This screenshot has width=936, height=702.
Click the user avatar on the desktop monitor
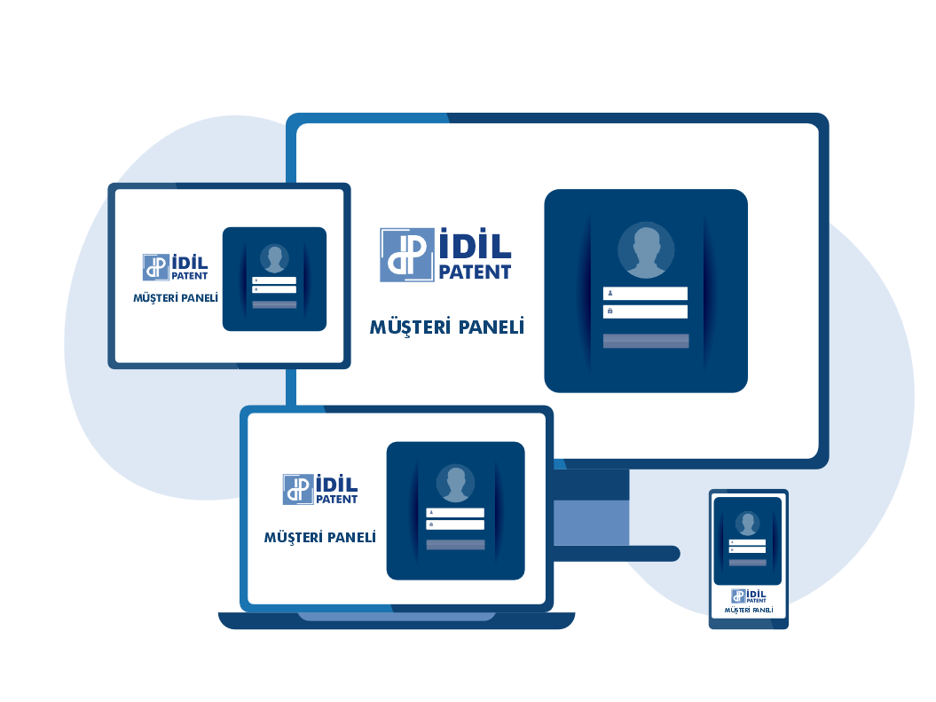(646, 250)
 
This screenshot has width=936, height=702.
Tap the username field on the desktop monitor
(645, 293)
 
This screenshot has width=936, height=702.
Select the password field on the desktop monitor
(645, 311)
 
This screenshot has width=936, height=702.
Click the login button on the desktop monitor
(646, 341)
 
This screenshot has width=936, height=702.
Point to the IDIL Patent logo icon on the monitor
(407, 255)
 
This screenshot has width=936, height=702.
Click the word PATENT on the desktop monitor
(476, 272)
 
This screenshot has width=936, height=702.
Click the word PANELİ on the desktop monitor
(492, 327)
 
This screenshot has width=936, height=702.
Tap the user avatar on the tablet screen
(275, 258)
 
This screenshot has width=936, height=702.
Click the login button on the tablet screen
(275, 304)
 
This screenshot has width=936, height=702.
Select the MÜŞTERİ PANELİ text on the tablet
(176, 298)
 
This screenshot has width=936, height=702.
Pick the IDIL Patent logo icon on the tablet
(156, 267)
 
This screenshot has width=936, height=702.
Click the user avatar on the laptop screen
(455, 484)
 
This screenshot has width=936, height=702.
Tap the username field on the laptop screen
(455, 512)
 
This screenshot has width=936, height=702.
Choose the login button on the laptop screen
(455, 544)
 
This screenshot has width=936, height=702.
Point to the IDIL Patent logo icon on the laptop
(298, 490)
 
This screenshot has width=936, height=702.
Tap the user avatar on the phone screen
(747, 524)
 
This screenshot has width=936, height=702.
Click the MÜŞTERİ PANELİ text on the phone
(749, 610)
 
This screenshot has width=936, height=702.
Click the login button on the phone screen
(747, 563)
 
